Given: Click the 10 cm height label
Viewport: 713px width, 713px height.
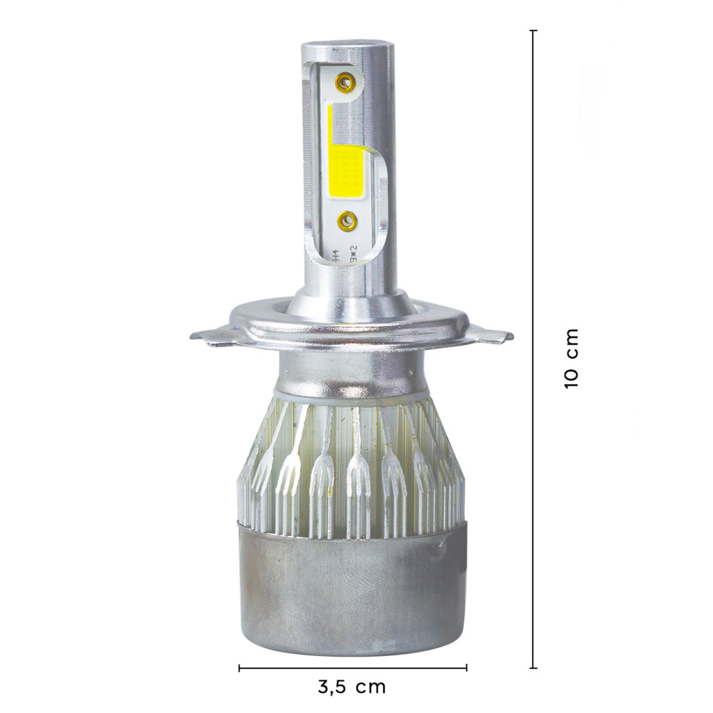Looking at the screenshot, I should [x=571, y=358].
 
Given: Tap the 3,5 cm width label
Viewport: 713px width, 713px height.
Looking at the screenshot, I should [x=352, y=687].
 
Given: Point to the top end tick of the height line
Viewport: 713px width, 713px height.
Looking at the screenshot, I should [x=533, y=31].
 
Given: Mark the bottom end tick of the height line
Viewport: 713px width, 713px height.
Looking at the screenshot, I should [x=533, y=668].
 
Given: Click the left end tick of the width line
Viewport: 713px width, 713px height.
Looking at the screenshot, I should [x=239, y=668].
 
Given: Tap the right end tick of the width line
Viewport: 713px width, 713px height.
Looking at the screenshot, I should [x=466, y=668].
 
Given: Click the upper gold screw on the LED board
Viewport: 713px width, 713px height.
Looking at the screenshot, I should [x=346, y=81].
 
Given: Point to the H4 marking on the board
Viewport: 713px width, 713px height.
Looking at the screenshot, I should [x=334, y=253].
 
